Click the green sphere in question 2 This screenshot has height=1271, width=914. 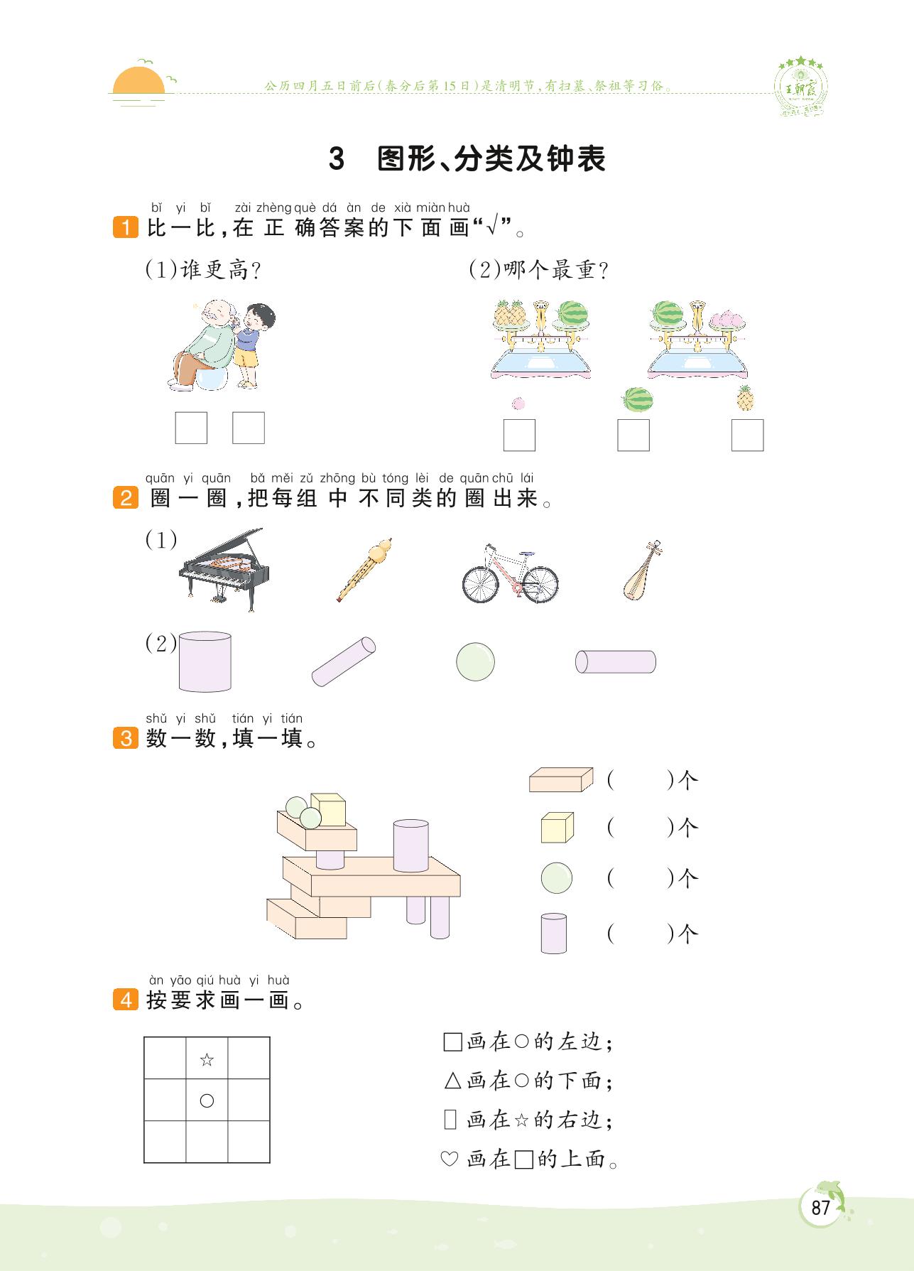coord(475,661)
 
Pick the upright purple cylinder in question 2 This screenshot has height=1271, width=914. coord(205,661)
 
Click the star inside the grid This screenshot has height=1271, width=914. coord(207,1060)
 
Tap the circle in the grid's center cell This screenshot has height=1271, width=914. coord(207,1100)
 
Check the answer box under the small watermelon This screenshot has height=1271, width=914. coord(633,435)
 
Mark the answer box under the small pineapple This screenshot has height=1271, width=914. coord(747,435)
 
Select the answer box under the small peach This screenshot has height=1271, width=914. coord(519,435)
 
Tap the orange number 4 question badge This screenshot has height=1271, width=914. coord(126,1000)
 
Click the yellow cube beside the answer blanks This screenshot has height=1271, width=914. coord(557,828)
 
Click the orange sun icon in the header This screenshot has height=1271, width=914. coord(138,80)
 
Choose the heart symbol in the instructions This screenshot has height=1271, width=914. coord(449,1159)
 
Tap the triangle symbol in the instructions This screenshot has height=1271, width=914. coord(452,1081)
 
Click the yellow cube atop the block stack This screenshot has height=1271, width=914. coord(327,809)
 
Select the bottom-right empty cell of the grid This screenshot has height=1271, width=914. coord(249,1142)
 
